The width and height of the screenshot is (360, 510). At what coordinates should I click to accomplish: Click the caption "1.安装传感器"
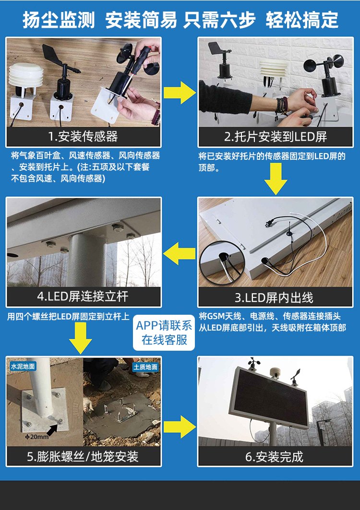pyautogui.click(x=83, y=136)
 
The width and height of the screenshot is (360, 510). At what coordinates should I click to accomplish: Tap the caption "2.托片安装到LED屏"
pyautogui.click(x=276, y=137)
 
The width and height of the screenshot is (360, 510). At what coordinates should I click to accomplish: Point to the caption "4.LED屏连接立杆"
pyautogui.click(x=83, y=296)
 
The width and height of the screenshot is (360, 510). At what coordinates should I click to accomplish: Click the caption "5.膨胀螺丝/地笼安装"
pyautogui.click(x=83, y=457)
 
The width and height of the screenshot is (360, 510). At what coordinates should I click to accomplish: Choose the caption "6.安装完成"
pyautogui.click(x=275, y=457)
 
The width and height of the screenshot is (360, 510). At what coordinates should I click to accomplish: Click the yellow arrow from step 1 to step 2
pyautogui.click(x=180, y=93)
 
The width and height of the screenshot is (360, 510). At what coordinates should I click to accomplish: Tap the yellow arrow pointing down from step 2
pyautogui.click(x=276, y=179)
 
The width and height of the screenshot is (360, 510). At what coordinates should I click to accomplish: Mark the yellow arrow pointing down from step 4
pyautogui.click(x=80, y=338)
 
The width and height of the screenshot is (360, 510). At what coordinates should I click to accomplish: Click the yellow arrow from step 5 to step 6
pyautogui.click(x=180, y=427)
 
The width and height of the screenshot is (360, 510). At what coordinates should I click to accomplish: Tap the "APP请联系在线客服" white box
pyautogui.click(x=164, y=333)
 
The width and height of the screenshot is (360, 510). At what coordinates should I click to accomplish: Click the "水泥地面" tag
pyautogui.click(x=23, y=366)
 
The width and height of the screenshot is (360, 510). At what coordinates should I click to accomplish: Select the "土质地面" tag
pyautogui.click(x=145, y=367)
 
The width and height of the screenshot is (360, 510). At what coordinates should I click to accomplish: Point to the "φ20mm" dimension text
pyautogui.click(x=37, y=437)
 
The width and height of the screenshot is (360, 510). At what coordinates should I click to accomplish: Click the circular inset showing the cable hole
pyautogui.click(x=222, y=262)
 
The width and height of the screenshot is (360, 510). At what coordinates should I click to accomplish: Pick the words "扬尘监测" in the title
pyautogui.click(x=59, y=20)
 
